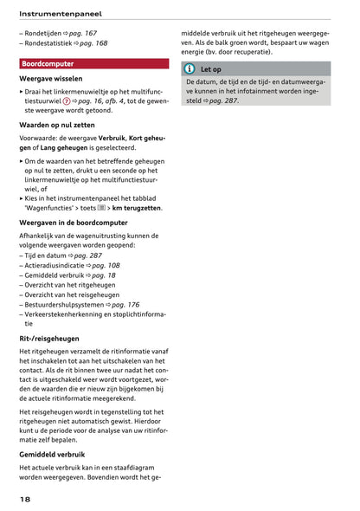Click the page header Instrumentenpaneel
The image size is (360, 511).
pos(60,14)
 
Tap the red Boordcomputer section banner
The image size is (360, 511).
pos(93,64)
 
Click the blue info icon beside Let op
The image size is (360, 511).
pos(190,68)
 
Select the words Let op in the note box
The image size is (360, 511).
pos(211,68)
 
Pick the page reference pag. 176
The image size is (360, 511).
pos(122,304)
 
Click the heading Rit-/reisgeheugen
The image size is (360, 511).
pos(49,338)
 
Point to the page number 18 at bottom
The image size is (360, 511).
pos(26,501)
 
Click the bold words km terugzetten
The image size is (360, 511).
pos(137,208)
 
